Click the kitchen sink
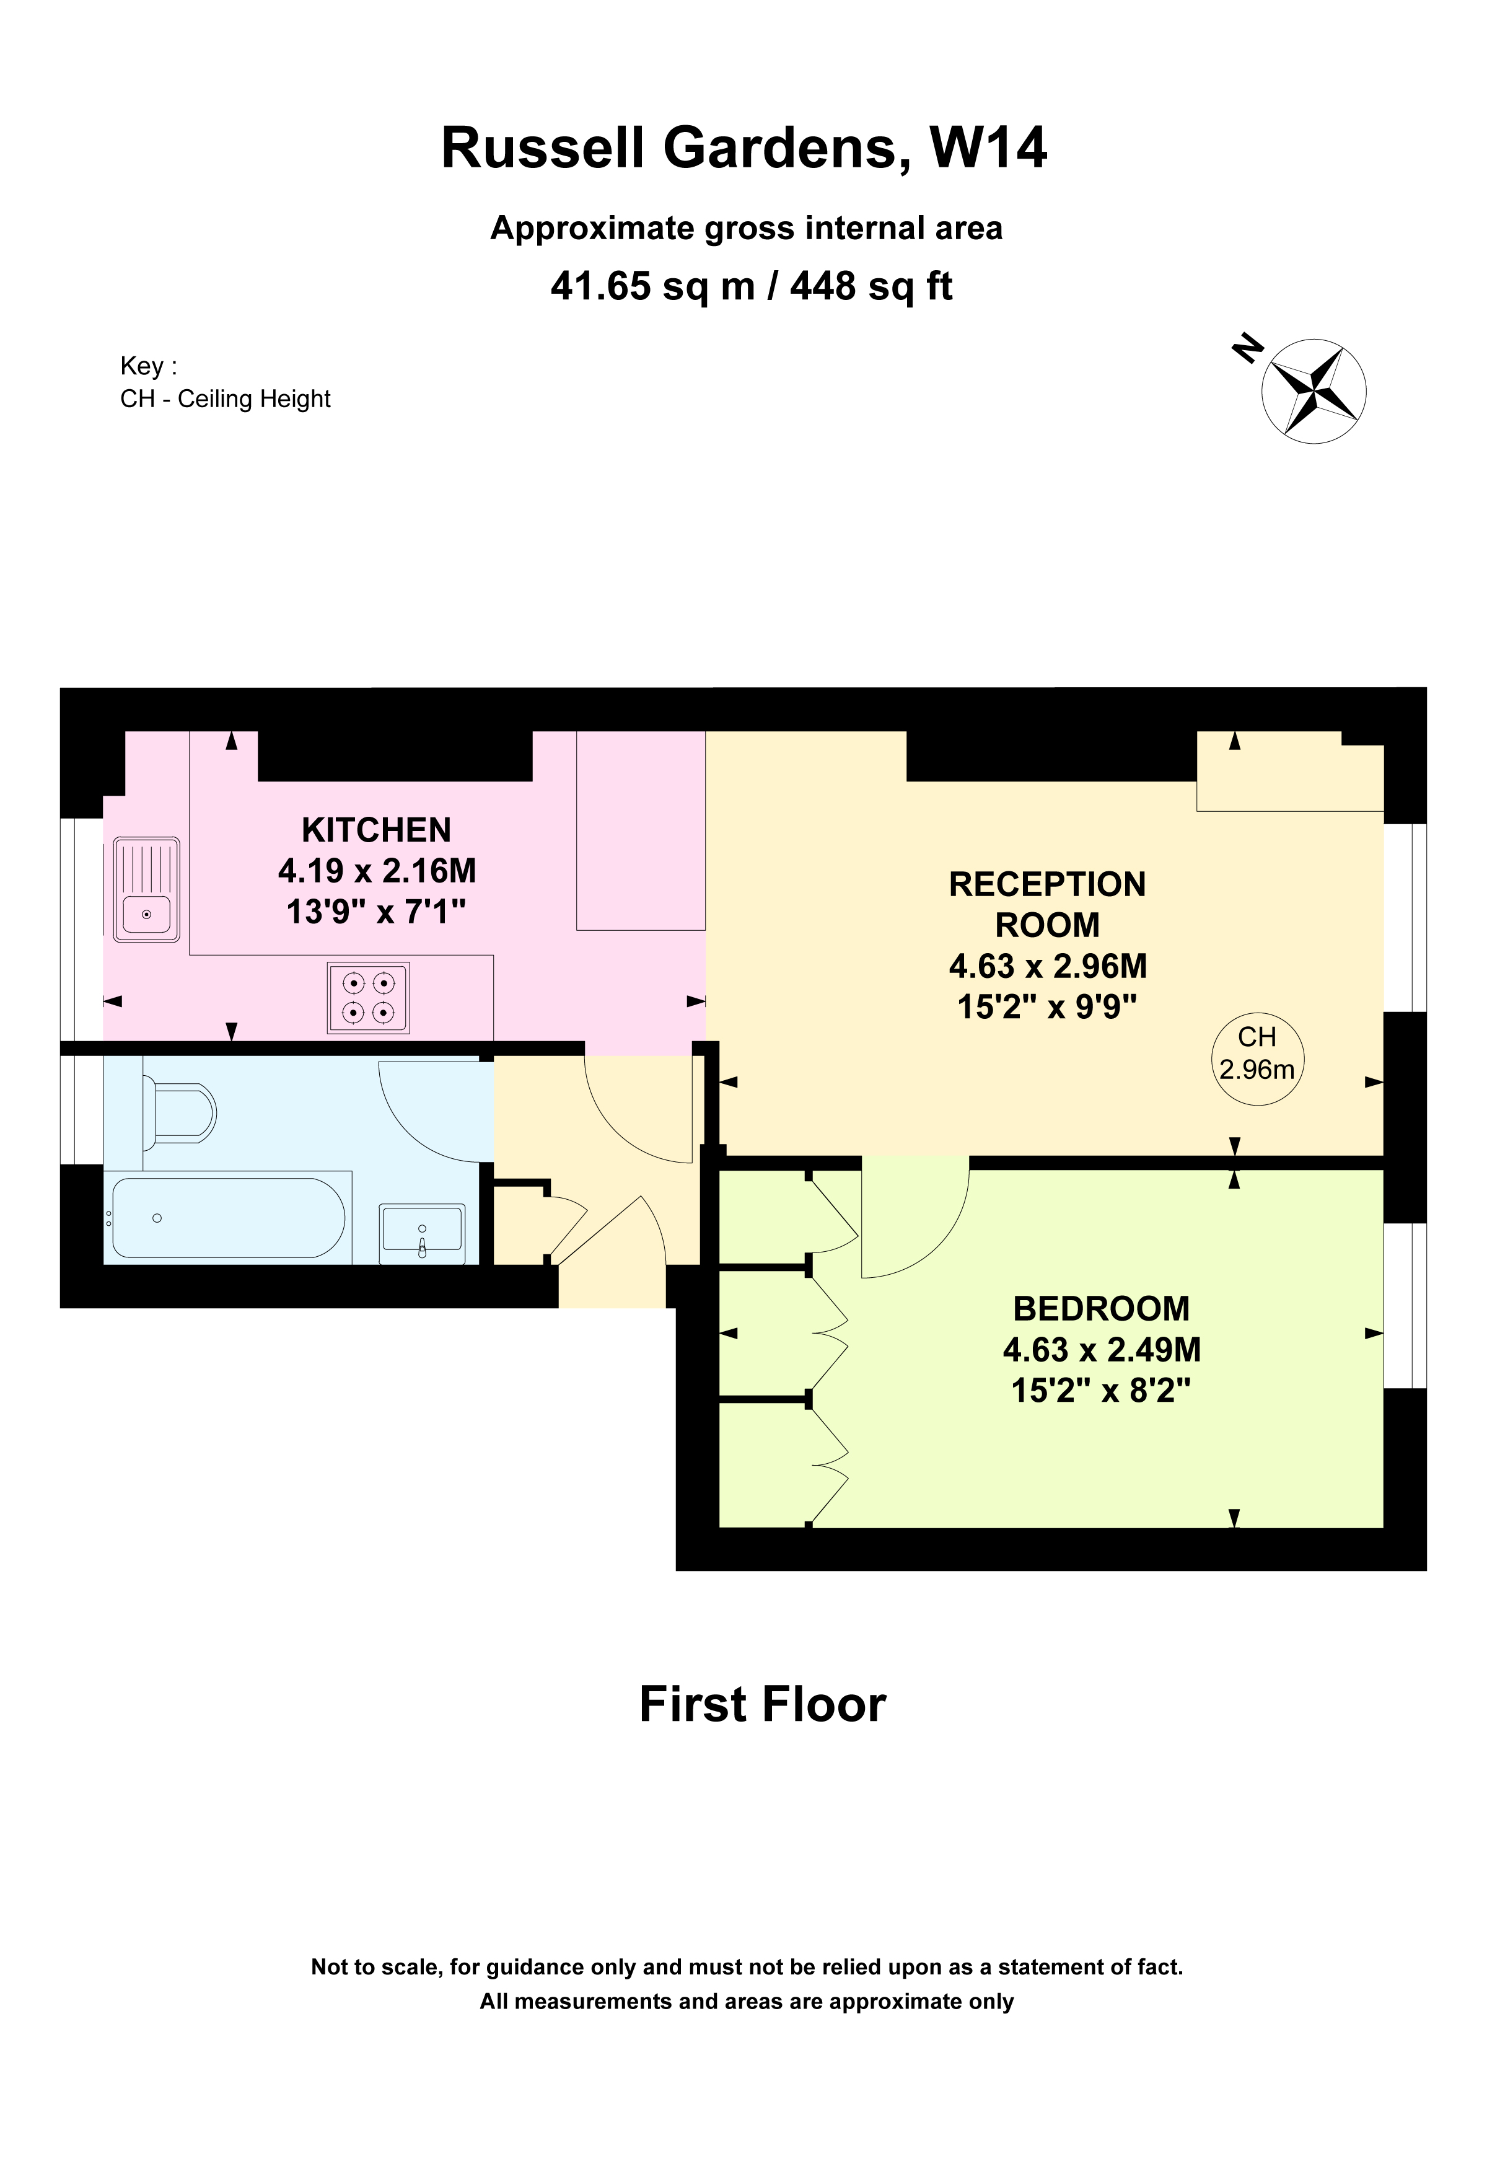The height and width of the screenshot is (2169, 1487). click(146, 889)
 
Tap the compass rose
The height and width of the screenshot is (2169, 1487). click(1314, 390)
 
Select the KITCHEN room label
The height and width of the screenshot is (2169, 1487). click(376, 830)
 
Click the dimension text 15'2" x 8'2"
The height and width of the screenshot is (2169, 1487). click(1101, 1391)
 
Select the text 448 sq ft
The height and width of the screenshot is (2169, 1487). click(871, 286)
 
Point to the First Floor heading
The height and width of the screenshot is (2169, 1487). click(762, 1704)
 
